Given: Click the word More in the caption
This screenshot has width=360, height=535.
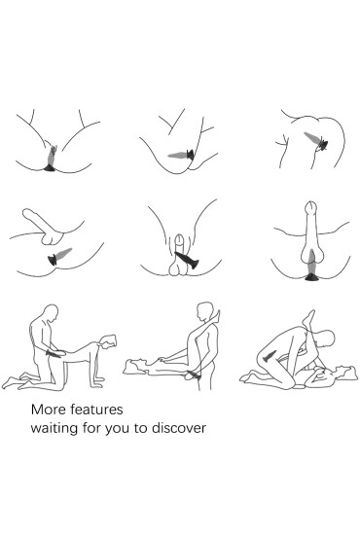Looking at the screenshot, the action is pyautogui.click(x=48, y=410).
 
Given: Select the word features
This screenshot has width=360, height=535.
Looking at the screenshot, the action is pyautogui.click(x=96, y=410).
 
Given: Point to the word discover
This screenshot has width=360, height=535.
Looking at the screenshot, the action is pyautogui.click(x=179, y=428).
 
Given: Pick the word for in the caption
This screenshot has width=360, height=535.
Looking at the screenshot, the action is pyautogui.click(x=91, y=428).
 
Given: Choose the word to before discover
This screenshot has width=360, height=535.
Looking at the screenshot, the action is pyautogui.click(x=140, y=428).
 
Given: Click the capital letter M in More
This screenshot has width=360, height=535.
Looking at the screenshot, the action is pyautogui.click(x=36, y=410).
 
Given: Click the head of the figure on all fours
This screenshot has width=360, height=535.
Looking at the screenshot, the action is pyautogui.click(x=108, y=341).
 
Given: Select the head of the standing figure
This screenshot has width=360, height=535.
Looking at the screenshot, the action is pyautogui.click(x=205, y=311).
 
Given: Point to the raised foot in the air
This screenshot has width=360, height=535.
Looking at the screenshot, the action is pyautogui.click(x=308, y=318).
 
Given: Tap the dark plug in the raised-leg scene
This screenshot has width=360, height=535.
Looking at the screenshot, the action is pyautogui.click(x=270, y=356).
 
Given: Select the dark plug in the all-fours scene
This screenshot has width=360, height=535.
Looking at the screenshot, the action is pyautogui.click(x=54, y=354).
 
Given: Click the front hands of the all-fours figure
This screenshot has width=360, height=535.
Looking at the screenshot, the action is pyautogui.click(x=98, y=382).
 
